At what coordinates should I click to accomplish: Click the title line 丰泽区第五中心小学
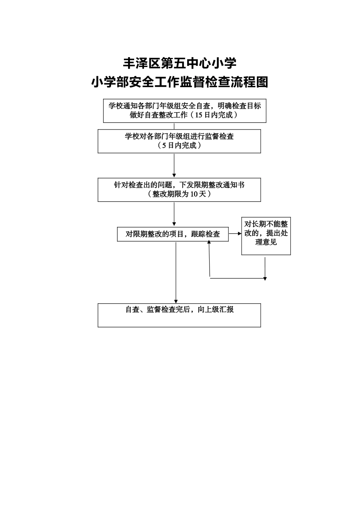(x=180, y=63)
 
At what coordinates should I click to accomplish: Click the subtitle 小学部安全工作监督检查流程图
(x=180, y=82)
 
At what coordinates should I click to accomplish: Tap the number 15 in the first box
(x=199, y=115)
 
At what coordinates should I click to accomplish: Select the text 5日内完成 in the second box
(x=179, y=145)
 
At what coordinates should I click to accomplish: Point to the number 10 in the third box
(x=194, y=194)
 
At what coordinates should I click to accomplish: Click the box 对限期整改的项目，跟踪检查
(x=173, y=234)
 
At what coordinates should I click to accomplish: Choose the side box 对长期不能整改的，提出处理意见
(x=266, y=236)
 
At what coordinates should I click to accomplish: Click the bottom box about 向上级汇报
(x=179, y=315)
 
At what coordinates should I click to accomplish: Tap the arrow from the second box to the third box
(x=174, y=166)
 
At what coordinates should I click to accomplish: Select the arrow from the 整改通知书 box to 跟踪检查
(x=174, y=214)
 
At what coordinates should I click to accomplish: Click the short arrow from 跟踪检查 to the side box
(x=235, y=234)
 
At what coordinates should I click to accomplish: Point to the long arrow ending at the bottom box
(x=176, y=273)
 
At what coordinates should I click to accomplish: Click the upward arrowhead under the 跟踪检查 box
(x=209, y=242)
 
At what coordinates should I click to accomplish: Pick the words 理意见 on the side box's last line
(x=266, y=242)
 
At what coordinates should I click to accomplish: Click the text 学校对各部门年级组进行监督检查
(x=179, y=136)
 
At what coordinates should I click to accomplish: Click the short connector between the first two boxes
(x=174, y=126)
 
